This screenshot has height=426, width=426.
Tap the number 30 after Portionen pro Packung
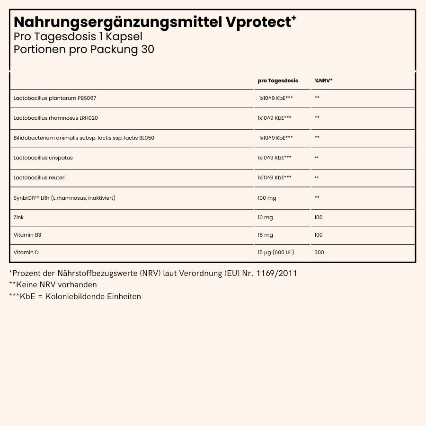[147, 49]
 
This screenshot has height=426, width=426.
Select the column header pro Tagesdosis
[278, 80]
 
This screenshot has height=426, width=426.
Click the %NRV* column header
[323, 80]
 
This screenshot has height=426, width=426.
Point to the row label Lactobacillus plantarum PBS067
[55, 98]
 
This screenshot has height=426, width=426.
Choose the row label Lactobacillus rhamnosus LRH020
[56, 117]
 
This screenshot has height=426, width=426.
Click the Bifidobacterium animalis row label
[84, 138]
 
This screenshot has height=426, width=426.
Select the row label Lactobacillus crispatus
[43, 158]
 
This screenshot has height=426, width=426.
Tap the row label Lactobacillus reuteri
[40, 177]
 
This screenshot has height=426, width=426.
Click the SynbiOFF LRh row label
[64, 197]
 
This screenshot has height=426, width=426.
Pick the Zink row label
[19, 217]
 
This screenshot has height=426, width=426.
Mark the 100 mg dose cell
[266, 197]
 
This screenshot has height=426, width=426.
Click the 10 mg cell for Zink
[265, 217]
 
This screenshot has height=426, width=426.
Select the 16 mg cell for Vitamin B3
[265, 235]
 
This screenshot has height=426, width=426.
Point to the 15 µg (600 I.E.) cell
[275, 252]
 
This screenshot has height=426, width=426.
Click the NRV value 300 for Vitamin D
[319, 252]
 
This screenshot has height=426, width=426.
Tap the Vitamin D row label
[26, 252]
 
